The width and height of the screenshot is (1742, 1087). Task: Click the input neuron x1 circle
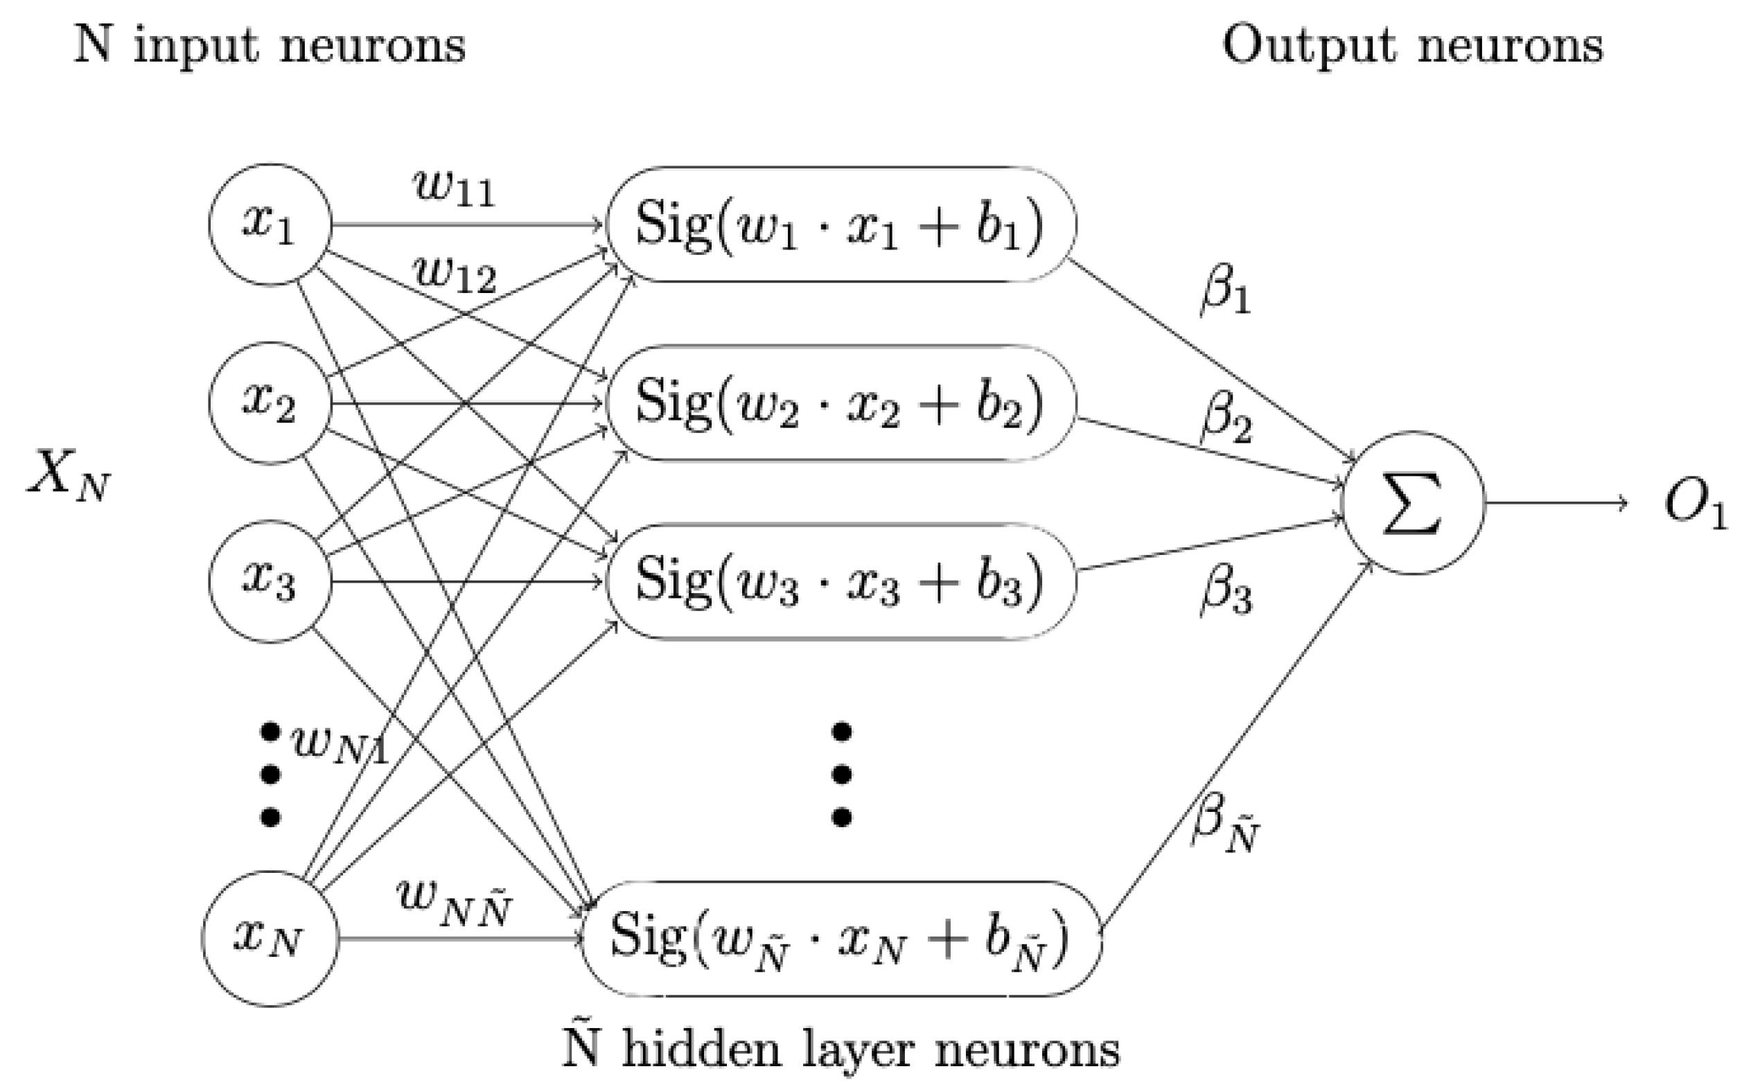pos(270,224)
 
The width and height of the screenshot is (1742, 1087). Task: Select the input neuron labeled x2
pos(270,403)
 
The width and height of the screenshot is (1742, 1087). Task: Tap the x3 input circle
pos(270,581)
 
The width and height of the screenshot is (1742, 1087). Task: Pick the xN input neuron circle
pos(270,938)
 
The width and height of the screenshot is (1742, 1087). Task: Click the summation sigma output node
pos(1413,502)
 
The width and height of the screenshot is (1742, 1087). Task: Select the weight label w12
pos(455,274)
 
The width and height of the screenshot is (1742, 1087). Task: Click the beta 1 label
pos(1226,291)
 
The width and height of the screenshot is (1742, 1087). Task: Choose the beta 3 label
pos(1226,592)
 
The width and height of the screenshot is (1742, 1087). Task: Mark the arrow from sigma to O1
pos(1556,502)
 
